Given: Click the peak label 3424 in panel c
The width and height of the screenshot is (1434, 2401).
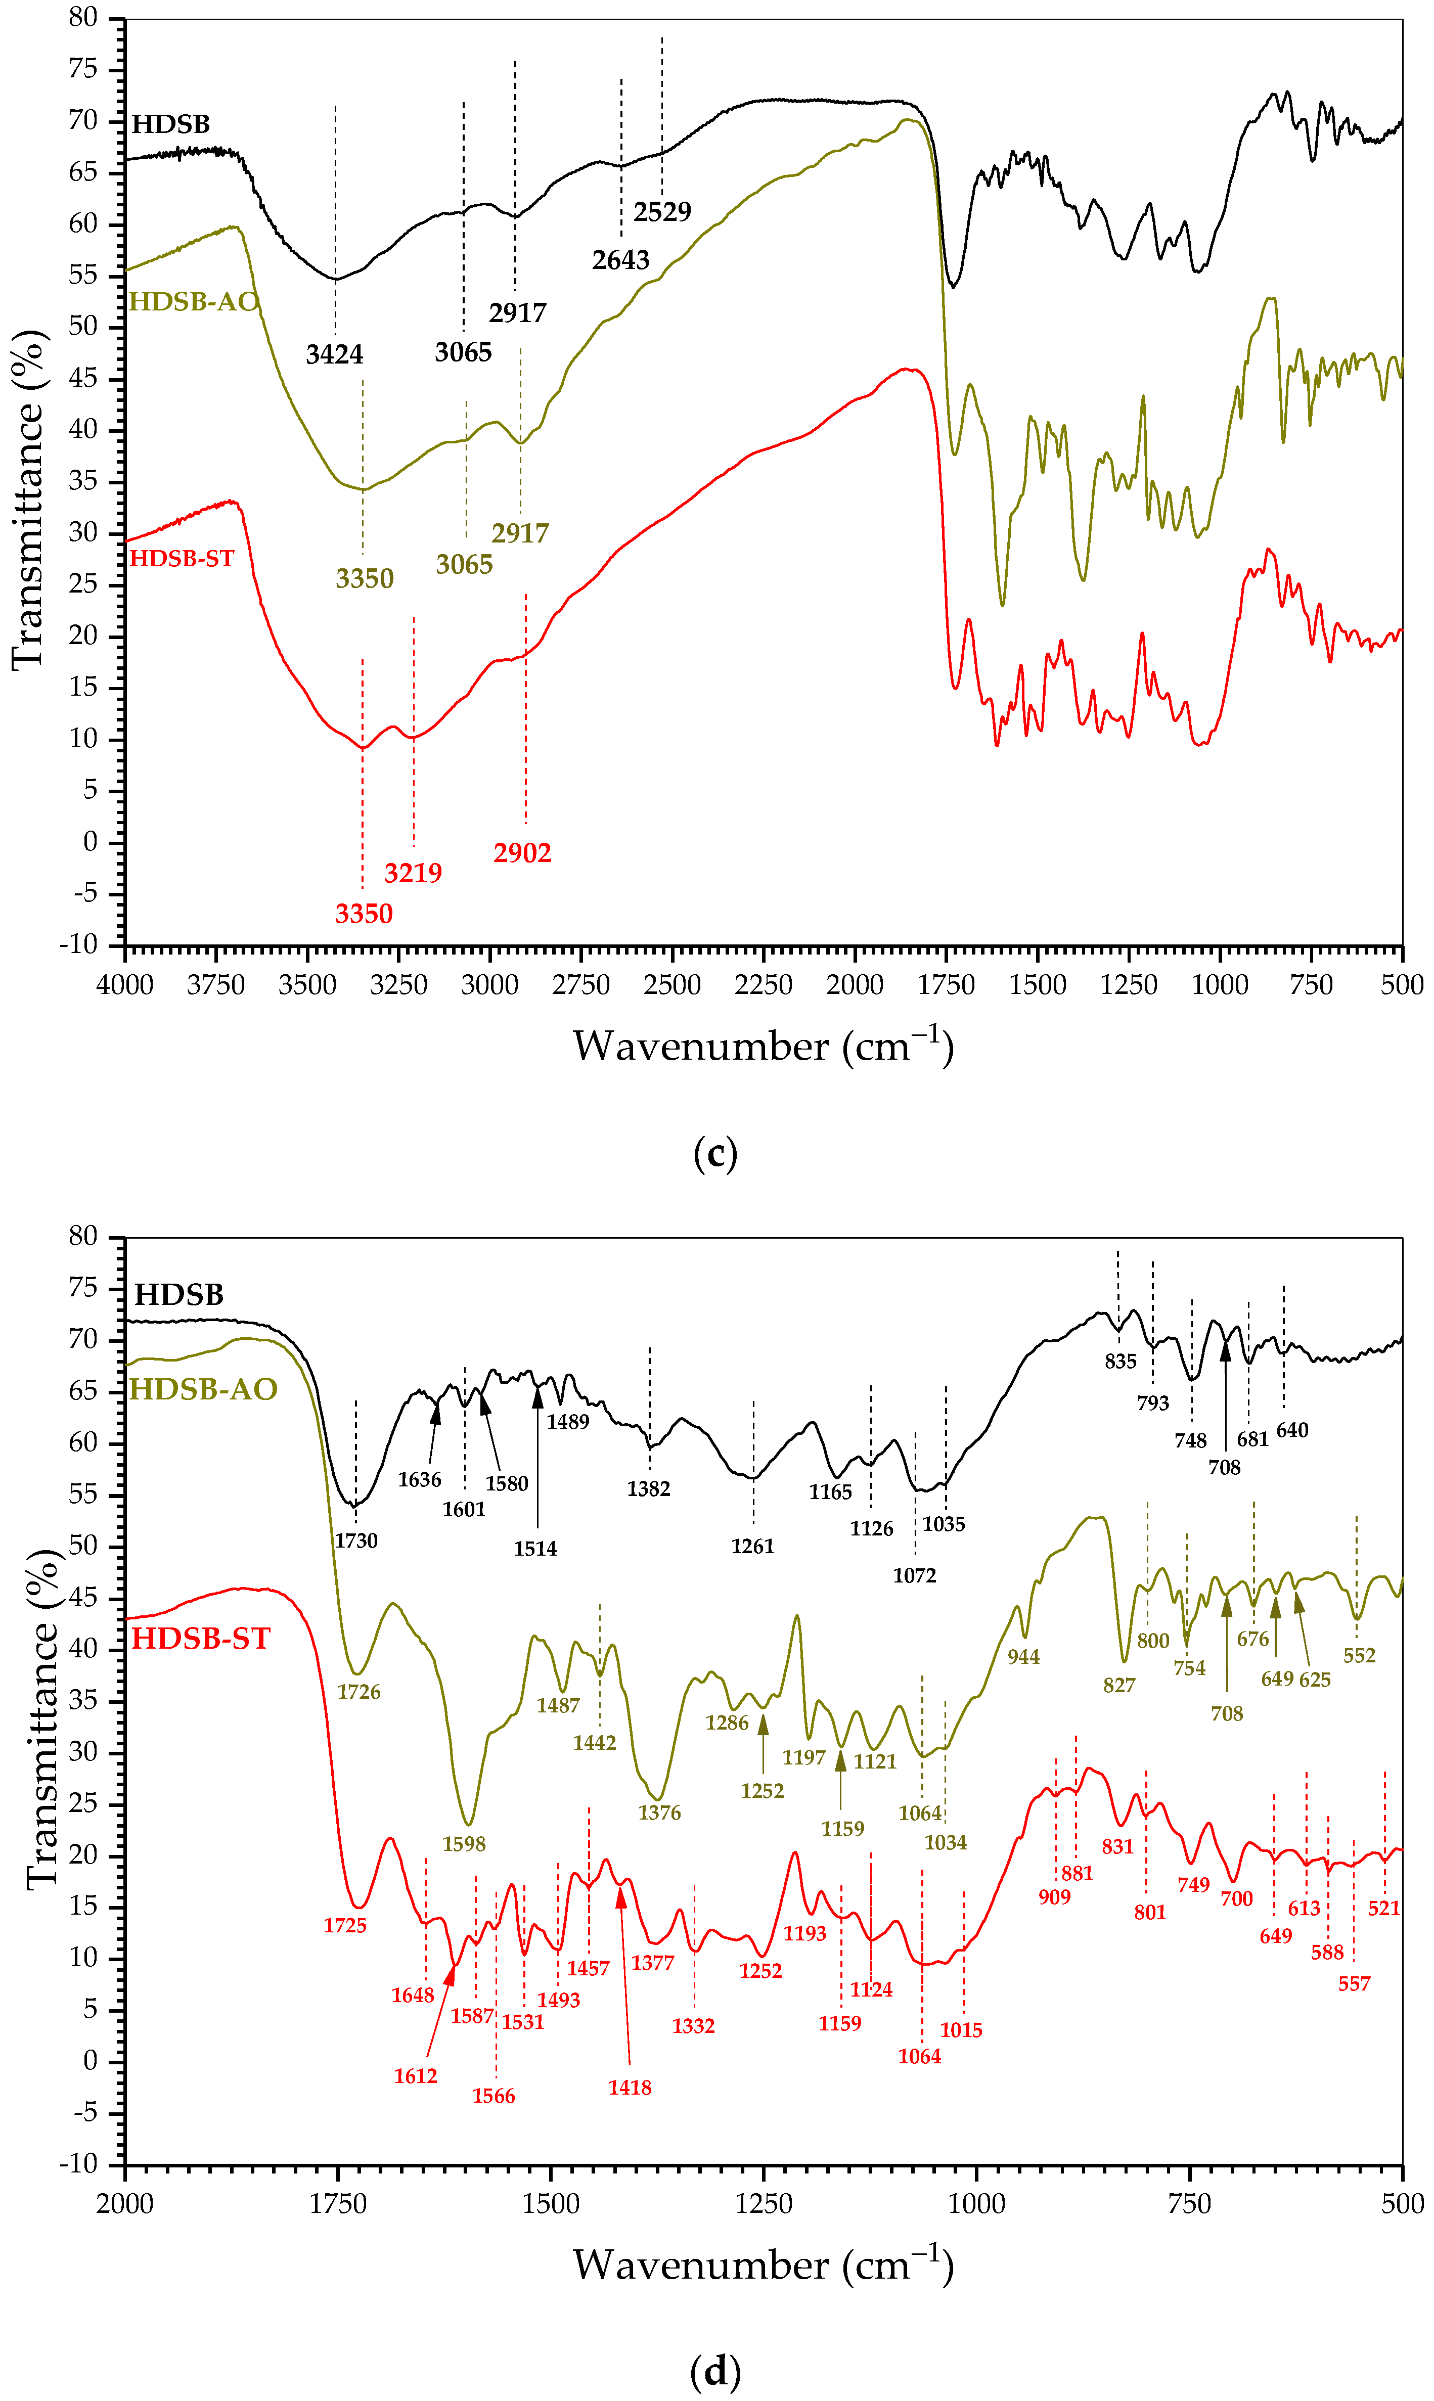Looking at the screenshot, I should pyautogui.click(x=334, y=354).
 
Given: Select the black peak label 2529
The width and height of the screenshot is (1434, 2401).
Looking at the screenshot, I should pyautogui.click(x=662, y=212).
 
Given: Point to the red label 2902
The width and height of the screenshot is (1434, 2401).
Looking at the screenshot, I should pyautogui.click(x=522, y=853).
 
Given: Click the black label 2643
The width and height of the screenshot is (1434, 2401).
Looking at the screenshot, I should pyautogui.click(x=620, y=260).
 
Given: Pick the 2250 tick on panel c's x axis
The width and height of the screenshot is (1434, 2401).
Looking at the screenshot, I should pyautogui.click(x=764, y=985).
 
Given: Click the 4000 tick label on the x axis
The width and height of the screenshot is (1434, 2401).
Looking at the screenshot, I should pyautogui.click(x=125, y=985).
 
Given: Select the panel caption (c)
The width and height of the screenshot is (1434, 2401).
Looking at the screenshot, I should pyautogui.click(x=715, y=1154).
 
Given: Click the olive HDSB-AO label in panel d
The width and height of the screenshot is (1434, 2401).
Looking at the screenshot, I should pyautogui.click(x=203, y=1389).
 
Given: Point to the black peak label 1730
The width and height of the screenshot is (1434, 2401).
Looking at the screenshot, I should pyautogui.click(x=355, y=1541).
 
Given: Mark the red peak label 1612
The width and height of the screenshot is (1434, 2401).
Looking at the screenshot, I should pyautogui.click(x=416, y=2076).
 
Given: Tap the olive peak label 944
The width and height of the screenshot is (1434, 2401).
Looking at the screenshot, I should pyautogui.click(x=1023, y=1657).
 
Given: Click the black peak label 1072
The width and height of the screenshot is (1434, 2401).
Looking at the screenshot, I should pyautogui.click(x=914, y=1576).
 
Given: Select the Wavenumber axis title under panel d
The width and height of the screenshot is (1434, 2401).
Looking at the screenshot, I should pyautogui.click(x=764, y=2266).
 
